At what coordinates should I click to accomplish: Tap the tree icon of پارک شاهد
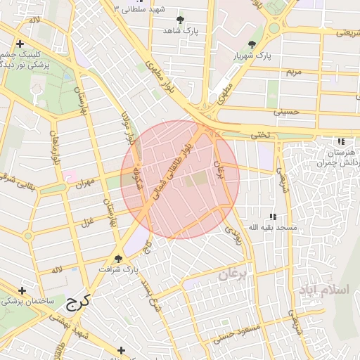181,20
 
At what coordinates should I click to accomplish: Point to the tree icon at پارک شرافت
118,258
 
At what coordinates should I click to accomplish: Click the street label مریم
293,72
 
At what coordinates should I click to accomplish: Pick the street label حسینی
286,111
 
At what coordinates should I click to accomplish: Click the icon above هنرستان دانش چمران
341,141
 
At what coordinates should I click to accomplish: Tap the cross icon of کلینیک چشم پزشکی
20,44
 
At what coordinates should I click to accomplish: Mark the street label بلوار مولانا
127,127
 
